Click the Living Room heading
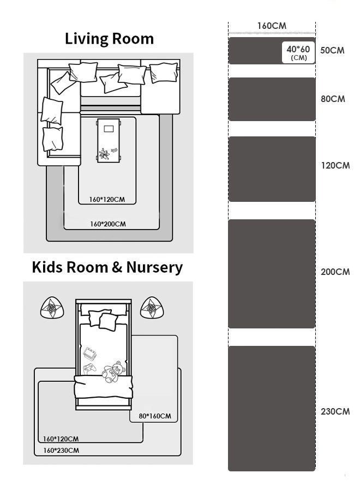[109, 39]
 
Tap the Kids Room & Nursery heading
[107, 267]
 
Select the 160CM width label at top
[272, 26]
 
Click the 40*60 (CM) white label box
[298, 52]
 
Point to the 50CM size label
[332, 50]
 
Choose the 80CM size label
[333, 99]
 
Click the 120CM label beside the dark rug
[335, 165]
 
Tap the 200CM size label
[335, 272]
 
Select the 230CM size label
[335, 411]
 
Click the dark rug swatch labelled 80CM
[272, 99]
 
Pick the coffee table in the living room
[109, 141]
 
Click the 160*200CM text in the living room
[108, 224]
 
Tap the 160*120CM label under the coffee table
[107, 200]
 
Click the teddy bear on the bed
[113, 372]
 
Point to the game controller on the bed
[90, 368]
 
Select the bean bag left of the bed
[52, 308]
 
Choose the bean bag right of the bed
[152, 308]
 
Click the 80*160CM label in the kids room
[155, 416]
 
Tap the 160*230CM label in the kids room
[61, 451]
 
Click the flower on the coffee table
[104, 154]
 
